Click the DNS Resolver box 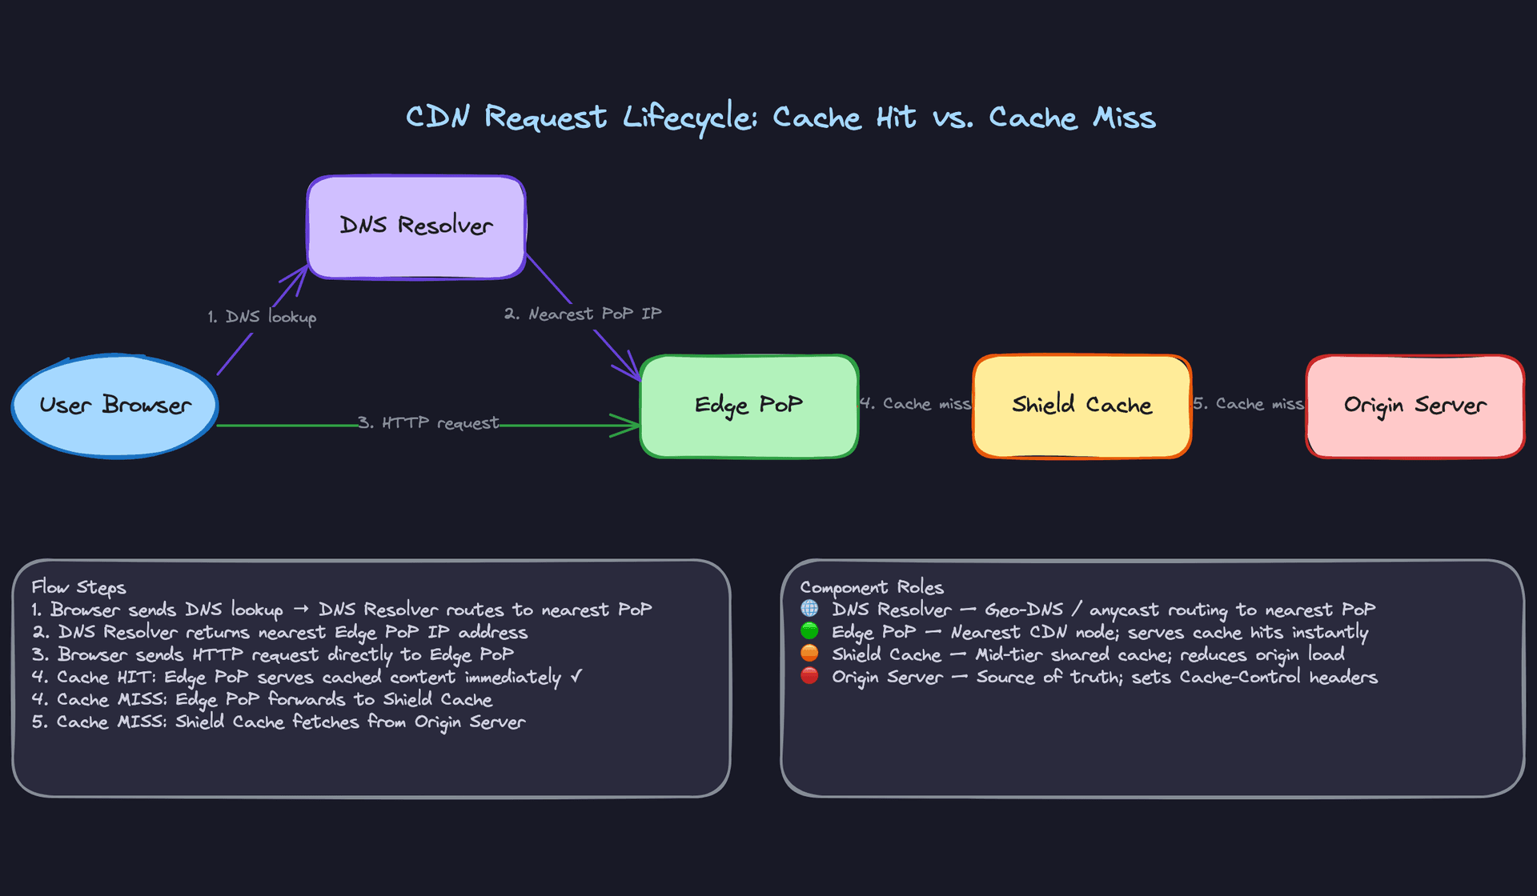pyautogui.click(x=416, y=227)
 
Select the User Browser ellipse pyautogui.click(x=115, y=406)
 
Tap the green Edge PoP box pyautogui.click(x=749, y=406)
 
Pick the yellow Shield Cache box pyautogui.click(x=1082, y=406)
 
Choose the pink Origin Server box pyautogui.click(x=1415, y=406)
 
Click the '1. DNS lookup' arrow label pyautogui.click(x=262, y=317)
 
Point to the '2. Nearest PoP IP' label pyautogui.click(x=583, y=314)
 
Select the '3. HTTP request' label pyautogui.click(x=428, y=422)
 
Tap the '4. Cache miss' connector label pyautogui.click(x=916, y=404)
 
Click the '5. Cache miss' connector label pyautogui.click(x=1248, y=404)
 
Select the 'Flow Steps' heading pyautogui.click(x=78, y=587)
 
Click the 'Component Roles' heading pyautogui.click(x=872, y=587)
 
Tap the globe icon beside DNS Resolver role pyautogui.click(x=809, y=609)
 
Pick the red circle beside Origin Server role pyautogui.click(x=809, y=676)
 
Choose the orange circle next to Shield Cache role pyautogui.click(x=809, y=654)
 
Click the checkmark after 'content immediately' pyautogui.click(x=576, y=677)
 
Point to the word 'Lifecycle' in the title pyautogui.click(x=689, y=118)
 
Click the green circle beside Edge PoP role pyautogui.click(x=809, y=631)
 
